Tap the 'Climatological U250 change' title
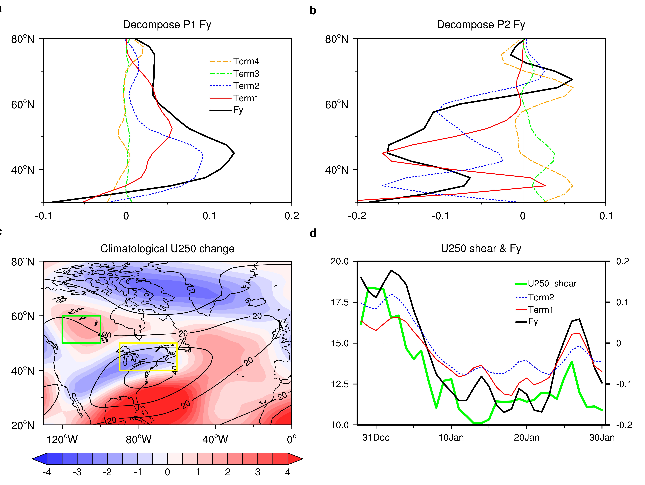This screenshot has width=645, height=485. pyautogui.click(x=167, y=249)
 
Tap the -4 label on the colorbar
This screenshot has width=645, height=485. pyautogui.click(x=47, y=472)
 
